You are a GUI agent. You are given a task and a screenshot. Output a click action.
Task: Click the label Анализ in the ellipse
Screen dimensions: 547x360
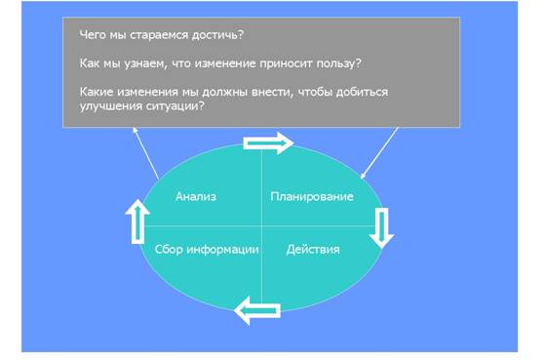(x=196, y=196)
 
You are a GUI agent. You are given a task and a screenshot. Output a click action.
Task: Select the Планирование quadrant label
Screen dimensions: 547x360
(x=312, y=196)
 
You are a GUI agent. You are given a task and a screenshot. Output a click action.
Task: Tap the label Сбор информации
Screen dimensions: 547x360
(x=207, y=250)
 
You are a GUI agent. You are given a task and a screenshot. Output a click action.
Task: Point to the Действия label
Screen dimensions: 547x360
(x=313, y=250)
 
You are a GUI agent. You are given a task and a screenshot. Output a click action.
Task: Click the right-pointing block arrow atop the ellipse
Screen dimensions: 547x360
(x=268, y=143)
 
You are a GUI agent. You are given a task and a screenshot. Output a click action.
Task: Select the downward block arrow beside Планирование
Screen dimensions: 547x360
(x=381, y=227)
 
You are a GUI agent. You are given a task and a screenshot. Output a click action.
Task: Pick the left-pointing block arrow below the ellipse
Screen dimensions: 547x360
(x=257, y=310)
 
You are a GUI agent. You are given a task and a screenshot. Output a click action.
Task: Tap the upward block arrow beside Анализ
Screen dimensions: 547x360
(x=137, y=221)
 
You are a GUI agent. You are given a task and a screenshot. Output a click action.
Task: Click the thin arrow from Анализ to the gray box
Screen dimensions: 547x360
(x=146, y=153)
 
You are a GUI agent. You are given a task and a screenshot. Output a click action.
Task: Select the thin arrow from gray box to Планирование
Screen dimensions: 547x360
(x=379, y=153)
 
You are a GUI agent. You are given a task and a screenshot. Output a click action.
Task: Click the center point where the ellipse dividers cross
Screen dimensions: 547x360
(x=261, y=226)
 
